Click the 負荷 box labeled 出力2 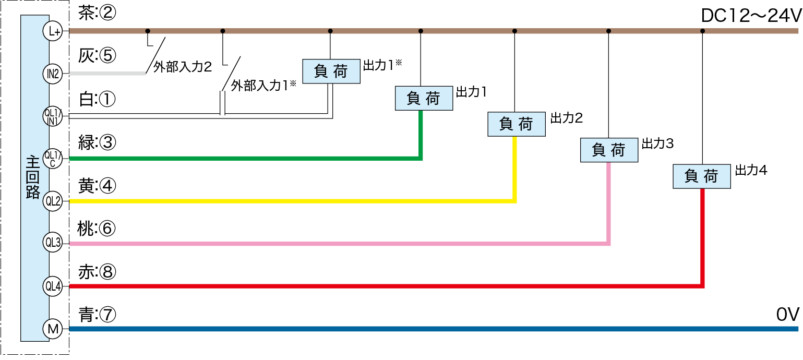516,124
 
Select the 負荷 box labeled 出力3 609,150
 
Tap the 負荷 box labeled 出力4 701,176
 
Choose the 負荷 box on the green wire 424,98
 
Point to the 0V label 787,315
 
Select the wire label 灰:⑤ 96,56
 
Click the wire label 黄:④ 96,185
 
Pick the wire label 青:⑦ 96,315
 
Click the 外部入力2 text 182,67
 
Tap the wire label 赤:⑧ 96,271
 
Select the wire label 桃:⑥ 96,228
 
